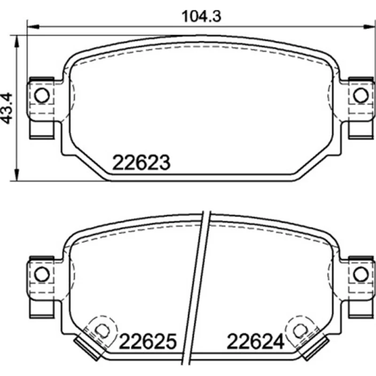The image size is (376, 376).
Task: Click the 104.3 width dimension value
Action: pyautogui.click(x=202, y=16)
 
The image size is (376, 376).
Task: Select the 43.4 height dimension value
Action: pyautogui.click(x=7, y=108)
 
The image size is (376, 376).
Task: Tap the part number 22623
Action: pyautogui.click(x=141, y=163)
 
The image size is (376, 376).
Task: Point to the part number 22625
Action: pyautogui.click(x=148, y=341)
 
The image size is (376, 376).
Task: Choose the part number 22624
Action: pyautogui.click(x=255, y=341)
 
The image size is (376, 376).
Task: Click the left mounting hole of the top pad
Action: pyautogui.click(x=42, y=95)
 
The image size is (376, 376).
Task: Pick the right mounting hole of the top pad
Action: pyautogui.click(x=361, y=95)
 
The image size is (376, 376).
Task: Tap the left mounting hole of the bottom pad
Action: pyautogui.click(x=42, y=274)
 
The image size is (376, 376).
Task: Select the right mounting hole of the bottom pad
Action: pyautogui.click(x=361, y=274)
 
